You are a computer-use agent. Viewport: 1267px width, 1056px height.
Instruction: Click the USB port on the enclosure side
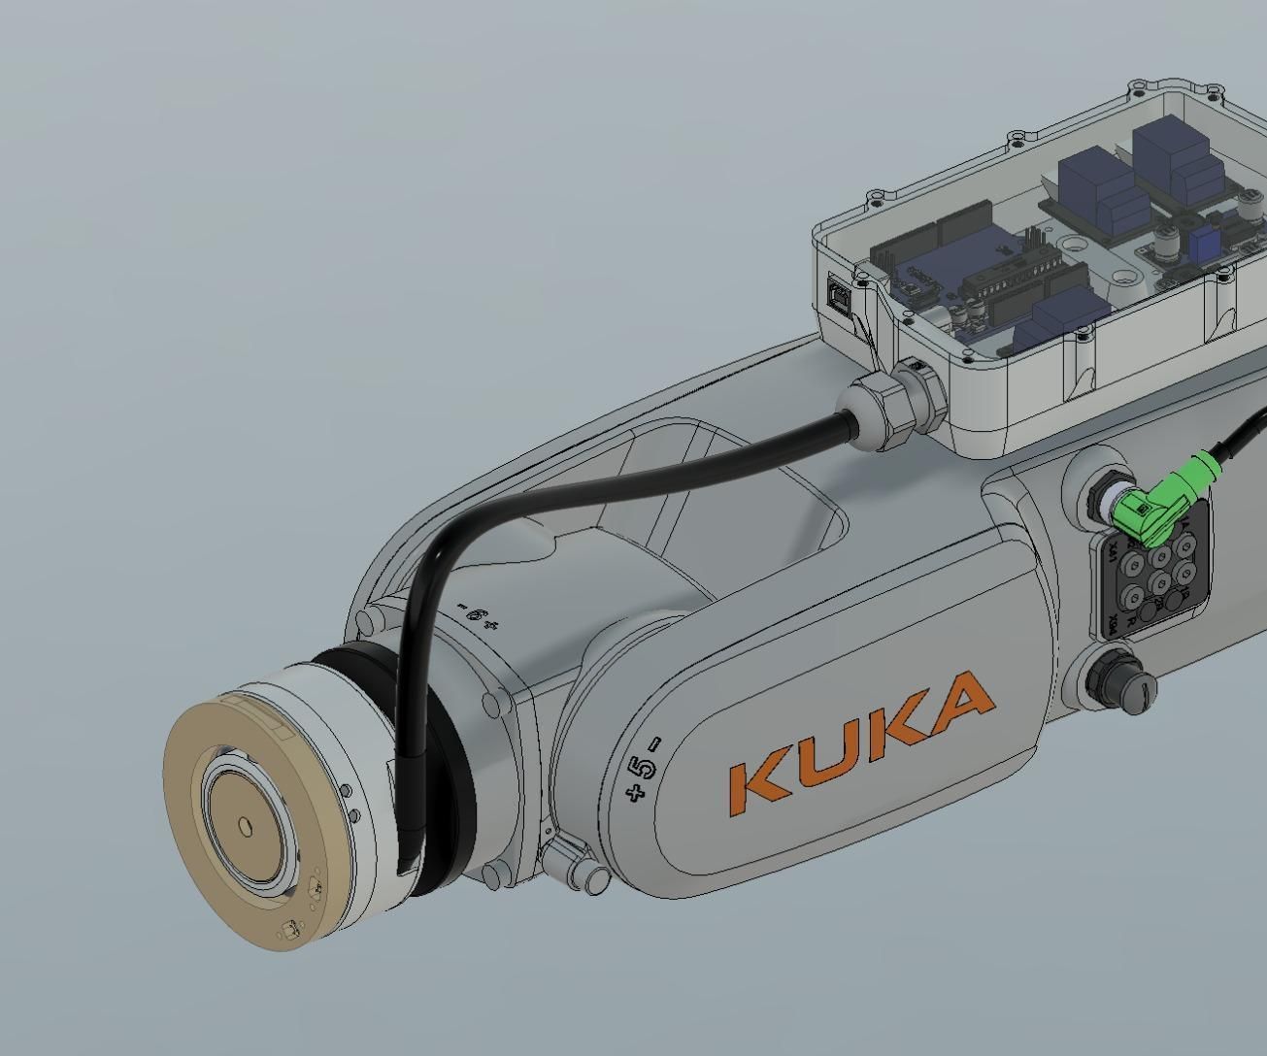pos(838,291)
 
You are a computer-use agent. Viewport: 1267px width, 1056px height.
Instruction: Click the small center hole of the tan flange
pos(246,826)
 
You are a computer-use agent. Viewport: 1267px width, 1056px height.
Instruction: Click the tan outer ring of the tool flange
pos(199,874)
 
